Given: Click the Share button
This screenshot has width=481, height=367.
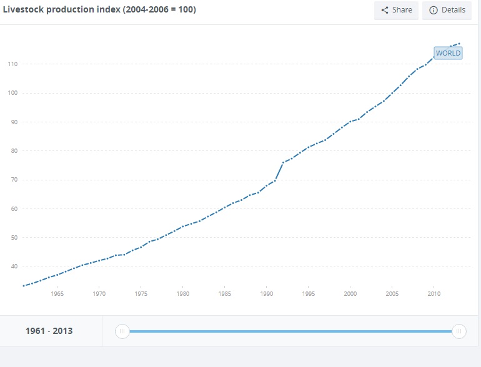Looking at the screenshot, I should [x=396, y=10].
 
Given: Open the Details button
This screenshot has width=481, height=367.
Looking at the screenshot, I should [x=447, y=10].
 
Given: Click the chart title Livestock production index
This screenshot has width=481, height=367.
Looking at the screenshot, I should [x=99, y=9].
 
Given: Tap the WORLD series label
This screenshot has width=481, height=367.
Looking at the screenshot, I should [x=448, y=53].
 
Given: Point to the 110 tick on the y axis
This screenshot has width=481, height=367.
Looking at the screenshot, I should [x=12, y=64].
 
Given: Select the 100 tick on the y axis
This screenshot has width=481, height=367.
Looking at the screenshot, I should [x=12, y=93].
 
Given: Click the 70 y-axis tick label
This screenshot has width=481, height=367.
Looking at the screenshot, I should [x=14, y=180].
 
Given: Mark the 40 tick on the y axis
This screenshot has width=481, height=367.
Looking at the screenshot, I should [x=14, y=267].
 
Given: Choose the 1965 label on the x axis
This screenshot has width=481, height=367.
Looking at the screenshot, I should [x=57, y=293].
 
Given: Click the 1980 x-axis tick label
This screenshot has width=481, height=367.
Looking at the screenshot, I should [x=183, y=293].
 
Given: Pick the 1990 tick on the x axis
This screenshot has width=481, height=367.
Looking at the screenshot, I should [x=267, y=293].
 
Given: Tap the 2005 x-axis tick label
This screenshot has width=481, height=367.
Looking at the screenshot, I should [x=392, y=293].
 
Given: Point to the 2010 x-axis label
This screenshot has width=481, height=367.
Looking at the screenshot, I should [x=434, y=293].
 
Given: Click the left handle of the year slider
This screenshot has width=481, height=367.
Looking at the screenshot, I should [x=122, y=331].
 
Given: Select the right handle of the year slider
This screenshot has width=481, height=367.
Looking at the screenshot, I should [x=459, y=331].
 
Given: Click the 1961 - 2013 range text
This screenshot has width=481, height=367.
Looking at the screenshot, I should [x=49, y=331].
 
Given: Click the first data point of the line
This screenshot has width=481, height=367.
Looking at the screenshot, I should [x=24, y=286].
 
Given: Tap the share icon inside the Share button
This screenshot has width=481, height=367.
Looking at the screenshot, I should [x=385, y=10].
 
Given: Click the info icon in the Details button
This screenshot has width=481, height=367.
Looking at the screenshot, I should [x=434, y=10].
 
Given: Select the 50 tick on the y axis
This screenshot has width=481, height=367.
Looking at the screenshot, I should [x=14, y=238].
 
